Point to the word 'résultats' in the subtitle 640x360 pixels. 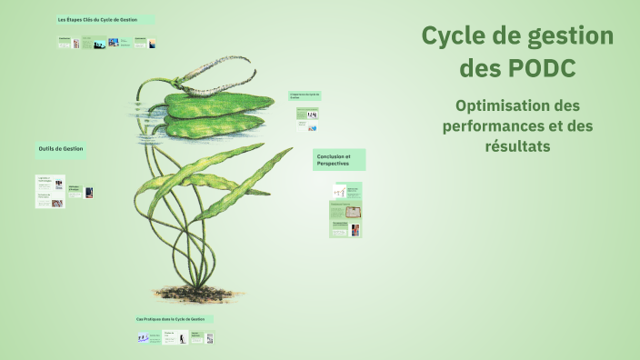pyautogui.click(x=517, y=145)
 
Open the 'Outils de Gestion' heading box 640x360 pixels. pyautogui.click(x=61, y=149)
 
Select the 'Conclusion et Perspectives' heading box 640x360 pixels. pyautogui.click(x=339, y=160)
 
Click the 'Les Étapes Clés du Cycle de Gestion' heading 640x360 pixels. pyautogui.click(x=104, y=19)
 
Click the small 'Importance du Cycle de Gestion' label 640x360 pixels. pyautogui.click(x=307, y=95)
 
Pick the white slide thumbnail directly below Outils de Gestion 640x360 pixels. pyautogui.click(x=50, y=191)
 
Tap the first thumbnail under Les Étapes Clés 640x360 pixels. pyautogui.click(x=65, y=43)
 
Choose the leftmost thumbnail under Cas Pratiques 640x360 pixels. pyautogui.click(x=144, y=337)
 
